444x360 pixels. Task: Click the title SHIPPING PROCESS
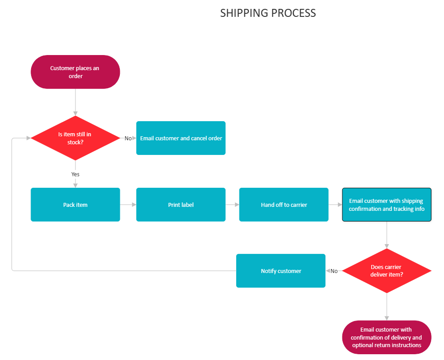268,13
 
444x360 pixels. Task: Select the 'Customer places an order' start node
75,72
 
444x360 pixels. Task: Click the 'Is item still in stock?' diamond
75,138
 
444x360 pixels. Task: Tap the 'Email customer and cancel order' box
181,138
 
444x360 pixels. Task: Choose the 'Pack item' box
75,205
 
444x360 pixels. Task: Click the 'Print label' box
181,205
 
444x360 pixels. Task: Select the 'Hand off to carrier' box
284,205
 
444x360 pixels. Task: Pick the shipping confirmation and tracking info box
387,205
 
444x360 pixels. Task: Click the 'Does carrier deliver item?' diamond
387,271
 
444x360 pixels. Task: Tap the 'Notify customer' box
281,271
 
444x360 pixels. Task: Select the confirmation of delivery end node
387,337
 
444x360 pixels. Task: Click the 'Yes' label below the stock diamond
75,174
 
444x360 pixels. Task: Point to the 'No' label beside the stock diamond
128,138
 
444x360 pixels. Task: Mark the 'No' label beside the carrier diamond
334,271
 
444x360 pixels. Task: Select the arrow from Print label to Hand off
232,205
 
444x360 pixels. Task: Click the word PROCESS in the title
293,13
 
